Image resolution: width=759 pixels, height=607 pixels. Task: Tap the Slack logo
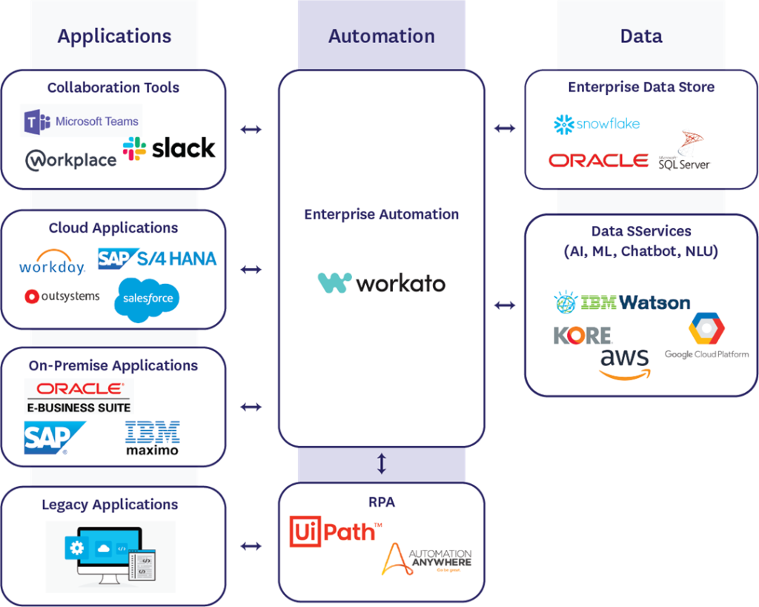[x=169, y=148]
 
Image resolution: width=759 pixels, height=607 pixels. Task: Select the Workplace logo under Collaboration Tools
[x=71, y=159]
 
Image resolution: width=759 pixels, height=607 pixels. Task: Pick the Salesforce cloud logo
[x=147, y=299]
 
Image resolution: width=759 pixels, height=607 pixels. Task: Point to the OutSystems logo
[x=62, y=296]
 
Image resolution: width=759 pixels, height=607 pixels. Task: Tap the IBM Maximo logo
[x=152, y=437]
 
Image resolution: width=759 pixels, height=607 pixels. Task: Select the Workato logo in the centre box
[x=382, y=282]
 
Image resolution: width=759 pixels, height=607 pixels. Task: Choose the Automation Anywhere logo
[x=427, y=559]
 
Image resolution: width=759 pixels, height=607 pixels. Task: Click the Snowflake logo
[x=597, y=124]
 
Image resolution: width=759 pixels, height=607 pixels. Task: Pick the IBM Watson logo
[x=622, y=302]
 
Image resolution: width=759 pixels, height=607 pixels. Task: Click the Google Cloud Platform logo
[x=706, y=337]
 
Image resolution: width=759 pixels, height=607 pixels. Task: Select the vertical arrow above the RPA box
[x=382, y=464]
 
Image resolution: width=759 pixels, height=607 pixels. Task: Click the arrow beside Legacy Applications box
[x=251, y=546]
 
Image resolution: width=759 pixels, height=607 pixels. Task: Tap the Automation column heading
[x=382, y=36]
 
